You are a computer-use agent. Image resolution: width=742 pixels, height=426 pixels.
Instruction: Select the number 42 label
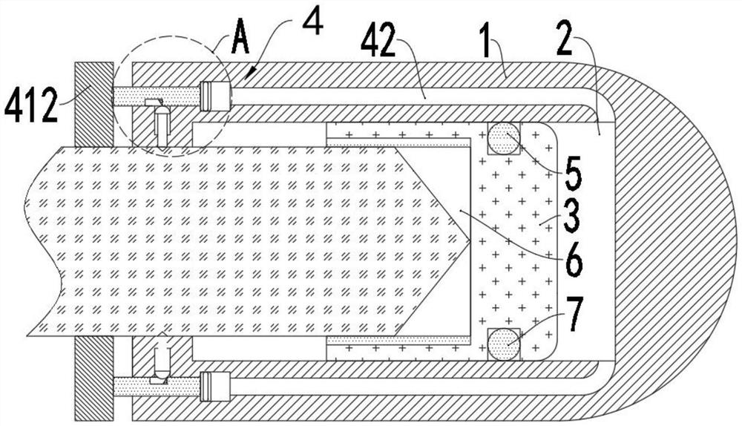click(x=382, y=44)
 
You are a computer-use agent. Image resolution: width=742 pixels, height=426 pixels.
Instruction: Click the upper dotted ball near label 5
click(x=503, y=138)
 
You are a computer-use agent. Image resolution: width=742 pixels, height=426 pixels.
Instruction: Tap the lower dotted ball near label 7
click(x=503, y=344)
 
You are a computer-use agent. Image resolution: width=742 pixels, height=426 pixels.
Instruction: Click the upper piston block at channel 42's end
click(x=214, y=96)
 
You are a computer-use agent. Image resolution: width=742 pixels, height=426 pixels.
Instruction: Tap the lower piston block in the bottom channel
click(x=214, y=386)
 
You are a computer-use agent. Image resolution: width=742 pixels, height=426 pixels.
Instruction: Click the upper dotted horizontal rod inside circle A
click(x=157, y=96)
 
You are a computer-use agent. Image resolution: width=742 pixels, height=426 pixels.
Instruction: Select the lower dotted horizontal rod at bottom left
click(x=157, y=387)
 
